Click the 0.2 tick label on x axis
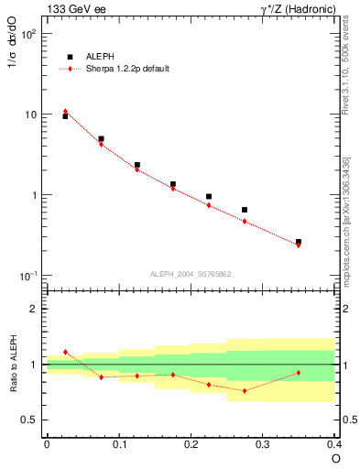click(191, 443)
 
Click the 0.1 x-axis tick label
click(118, 443)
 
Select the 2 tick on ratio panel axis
click(33, 309)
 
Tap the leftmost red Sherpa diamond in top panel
click(65, 112)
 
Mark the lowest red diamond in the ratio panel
click(245, 391)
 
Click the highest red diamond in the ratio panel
click(65, 352)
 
